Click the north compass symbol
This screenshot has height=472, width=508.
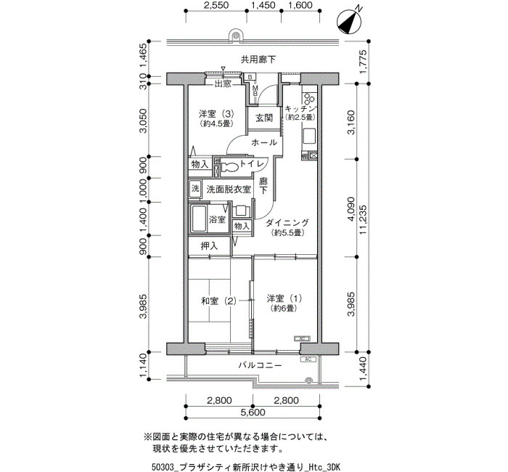coord(349,21)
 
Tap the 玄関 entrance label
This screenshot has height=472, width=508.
coord(264,118)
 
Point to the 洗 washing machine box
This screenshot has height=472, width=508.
coord(195,188)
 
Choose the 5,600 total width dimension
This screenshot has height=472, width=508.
coord(253,412)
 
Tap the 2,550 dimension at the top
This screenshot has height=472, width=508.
coord(216,5)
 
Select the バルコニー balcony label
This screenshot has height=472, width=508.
coord(260,365)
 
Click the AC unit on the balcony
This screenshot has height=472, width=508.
coord(308,359)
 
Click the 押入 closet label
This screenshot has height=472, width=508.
coord(209,246)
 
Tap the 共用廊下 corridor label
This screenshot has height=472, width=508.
coord(258,60)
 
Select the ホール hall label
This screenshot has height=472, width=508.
coord(264,142)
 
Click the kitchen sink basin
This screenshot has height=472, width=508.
coord(309,136)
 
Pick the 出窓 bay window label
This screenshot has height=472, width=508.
coord(224,84)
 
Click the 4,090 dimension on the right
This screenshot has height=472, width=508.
coord(351,208)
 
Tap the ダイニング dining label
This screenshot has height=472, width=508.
coord(287,223)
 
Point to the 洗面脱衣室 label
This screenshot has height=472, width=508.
coord(229,190)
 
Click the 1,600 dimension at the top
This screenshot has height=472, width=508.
coord(299,5)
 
